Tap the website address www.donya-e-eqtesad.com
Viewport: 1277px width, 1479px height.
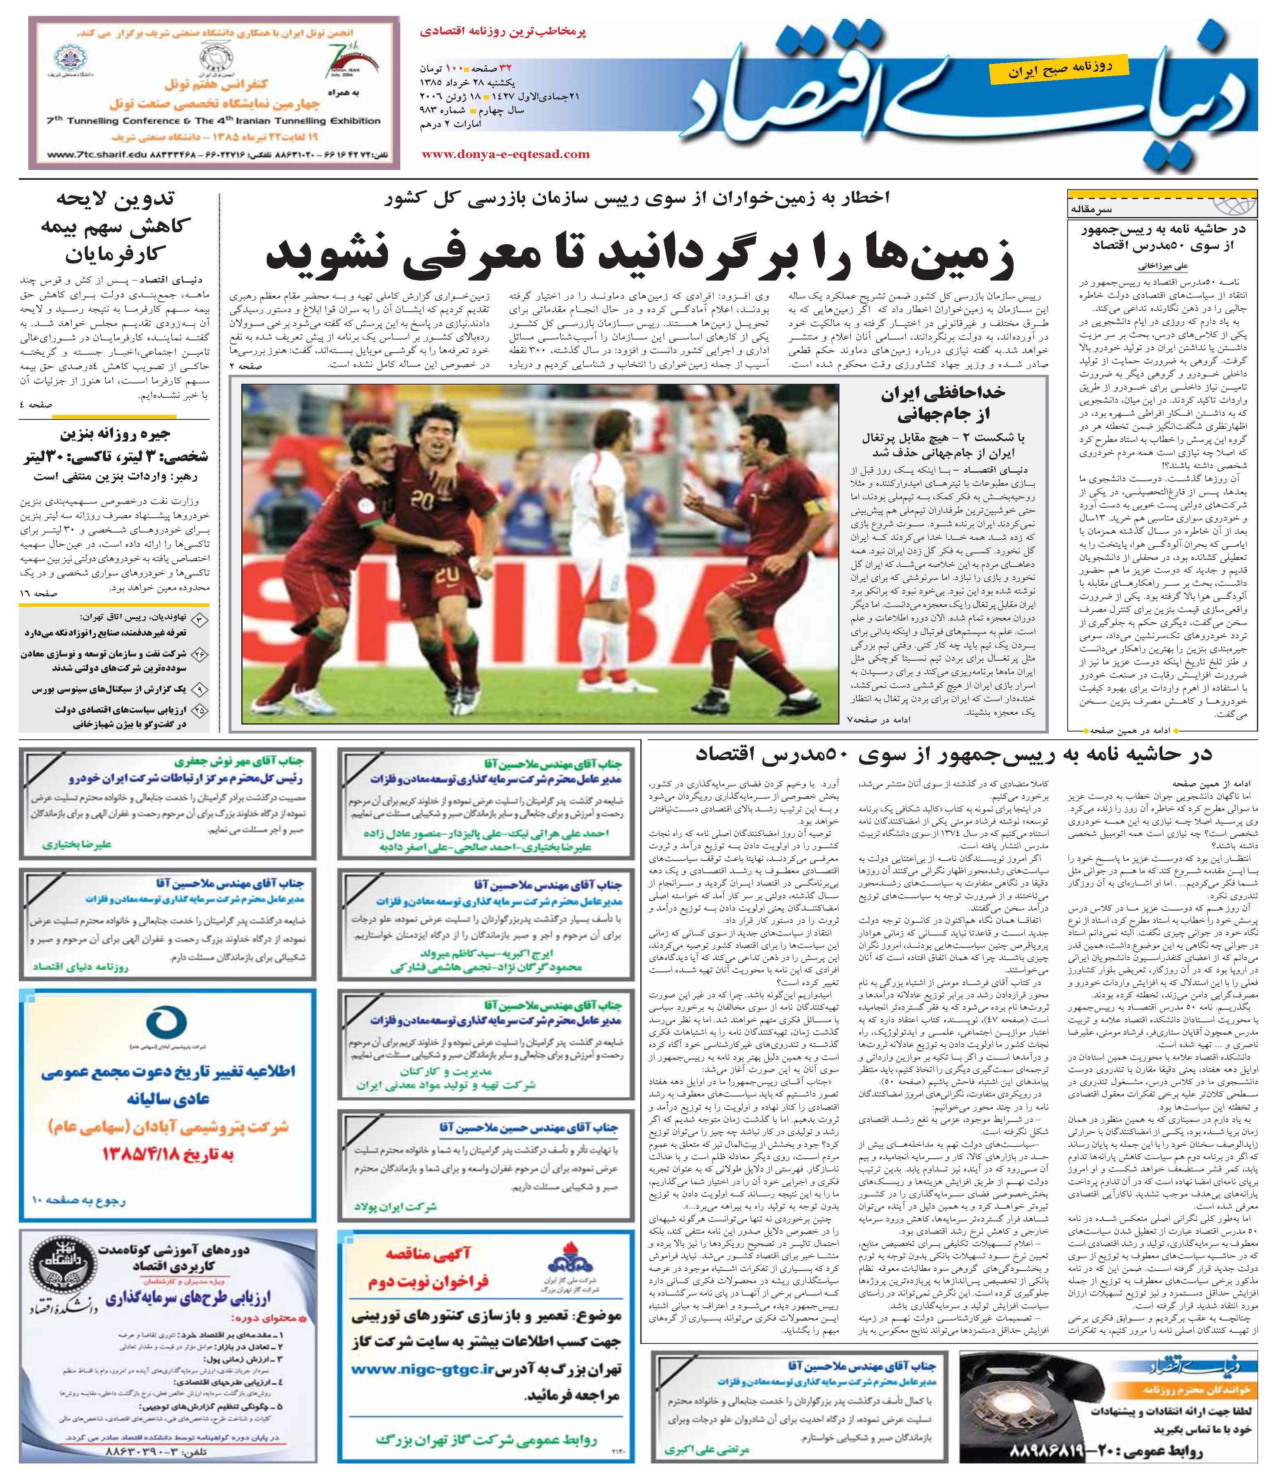[x=506, y=154]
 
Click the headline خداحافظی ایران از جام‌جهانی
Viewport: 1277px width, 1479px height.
[x=942, y=404]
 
